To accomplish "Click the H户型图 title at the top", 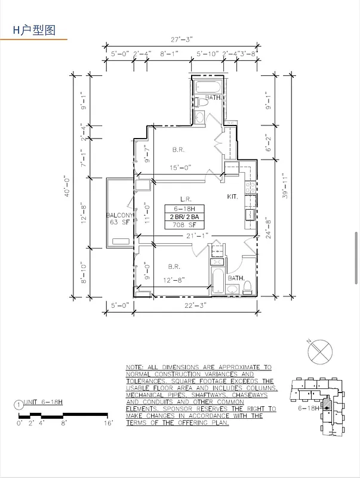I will click(x=34, y=30).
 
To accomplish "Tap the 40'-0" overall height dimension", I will click(x=68, y=186).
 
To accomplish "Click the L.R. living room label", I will click(x=184, y=199).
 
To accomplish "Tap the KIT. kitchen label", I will click(x=232, y=197).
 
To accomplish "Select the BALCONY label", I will click(x=119, y=215).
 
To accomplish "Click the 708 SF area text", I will click(x=184, y=225).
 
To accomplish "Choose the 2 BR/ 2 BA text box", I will click(x=184, y=217).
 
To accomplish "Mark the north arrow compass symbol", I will click(x=319, y=351).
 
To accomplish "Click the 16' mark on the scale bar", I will click(x=107, y=422).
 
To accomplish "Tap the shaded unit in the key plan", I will click(x=326, y=403).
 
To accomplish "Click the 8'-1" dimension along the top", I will click(x=168, y=54).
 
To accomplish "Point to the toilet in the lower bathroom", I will click(x=246, y=289).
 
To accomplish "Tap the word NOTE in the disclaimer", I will click(x=134, y=367).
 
